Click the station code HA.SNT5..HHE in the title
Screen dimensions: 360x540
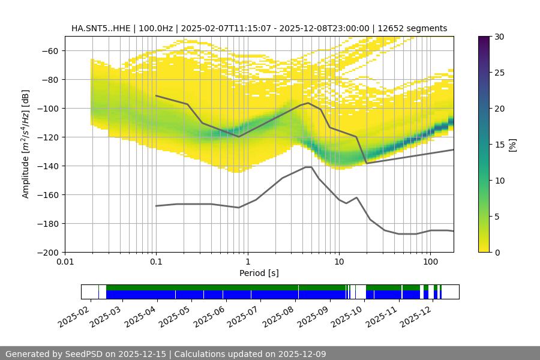tap(98, 28)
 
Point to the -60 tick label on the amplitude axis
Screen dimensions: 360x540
tap(49, 50)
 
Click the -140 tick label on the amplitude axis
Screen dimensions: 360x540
tap(47, 166)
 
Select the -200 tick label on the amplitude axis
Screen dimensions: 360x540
tap(47, 252)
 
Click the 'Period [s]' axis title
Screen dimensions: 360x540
tap(259, 273)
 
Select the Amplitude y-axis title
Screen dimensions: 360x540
tap(26, 144)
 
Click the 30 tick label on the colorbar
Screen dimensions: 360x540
tap(499, 37)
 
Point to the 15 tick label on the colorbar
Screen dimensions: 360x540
tap(499, 145)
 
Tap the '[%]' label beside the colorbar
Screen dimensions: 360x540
tap(512, 145)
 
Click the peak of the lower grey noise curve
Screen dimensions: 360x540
tap(308, 167)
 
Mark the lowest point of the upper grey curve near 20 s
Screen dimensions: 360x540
tap(367, 163)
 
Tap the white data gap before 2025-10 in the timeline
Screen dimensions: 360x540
tap(361, 292)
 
